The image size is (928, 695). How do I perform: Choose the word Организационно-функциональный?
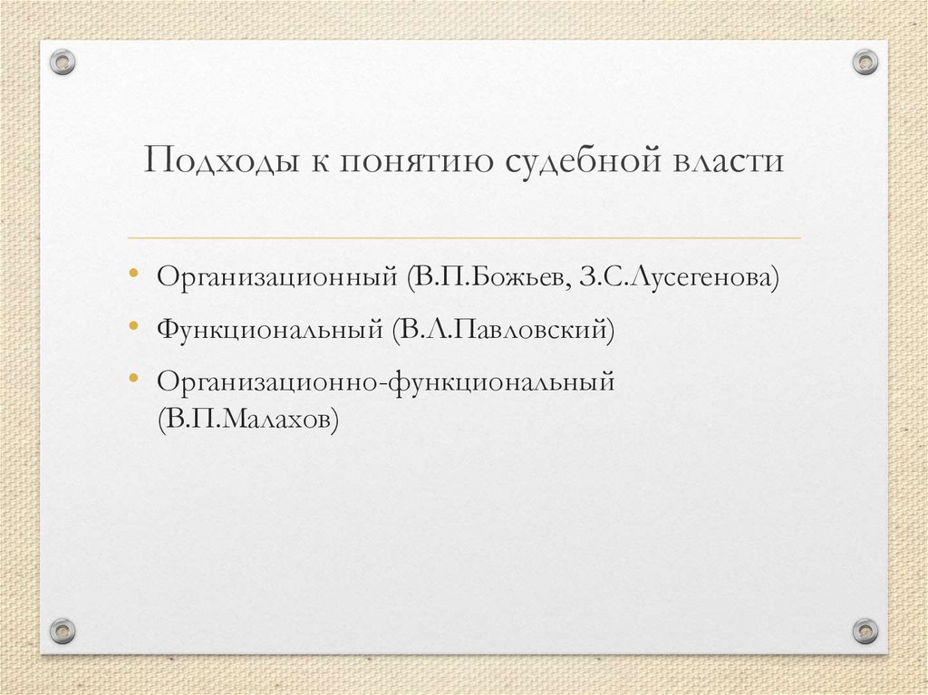coord(385,381)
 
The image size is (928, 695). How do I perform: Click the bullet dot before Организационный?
coord(133,273)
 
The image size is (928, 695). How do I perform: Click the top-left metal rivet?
coord(62,62)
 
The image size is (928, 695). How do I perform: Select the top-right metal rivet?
coord(865,62)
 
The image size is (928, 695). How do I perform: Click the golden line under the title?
coord(464,237)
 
